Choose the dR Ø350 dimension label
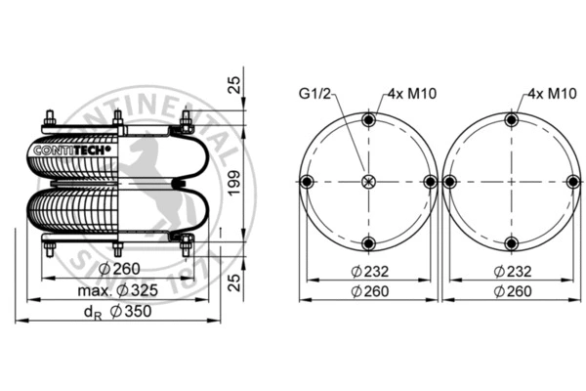tap(116, 311)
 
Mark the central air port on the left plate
tap(368, 182)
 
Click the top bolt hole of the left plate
tap(368, 120)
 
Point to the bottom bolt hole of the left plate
tap(368, 243)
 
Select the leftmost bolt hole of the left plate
tap(307, 182)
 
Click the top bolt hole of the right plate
tap(509, 120)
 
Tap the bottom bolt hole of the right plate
tap(509, 243)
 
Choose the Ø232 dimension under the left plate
tap(368, 271)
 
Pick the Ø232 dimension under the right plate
tap(512, 271)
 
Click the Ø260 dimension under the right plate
tap(512, 291)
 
